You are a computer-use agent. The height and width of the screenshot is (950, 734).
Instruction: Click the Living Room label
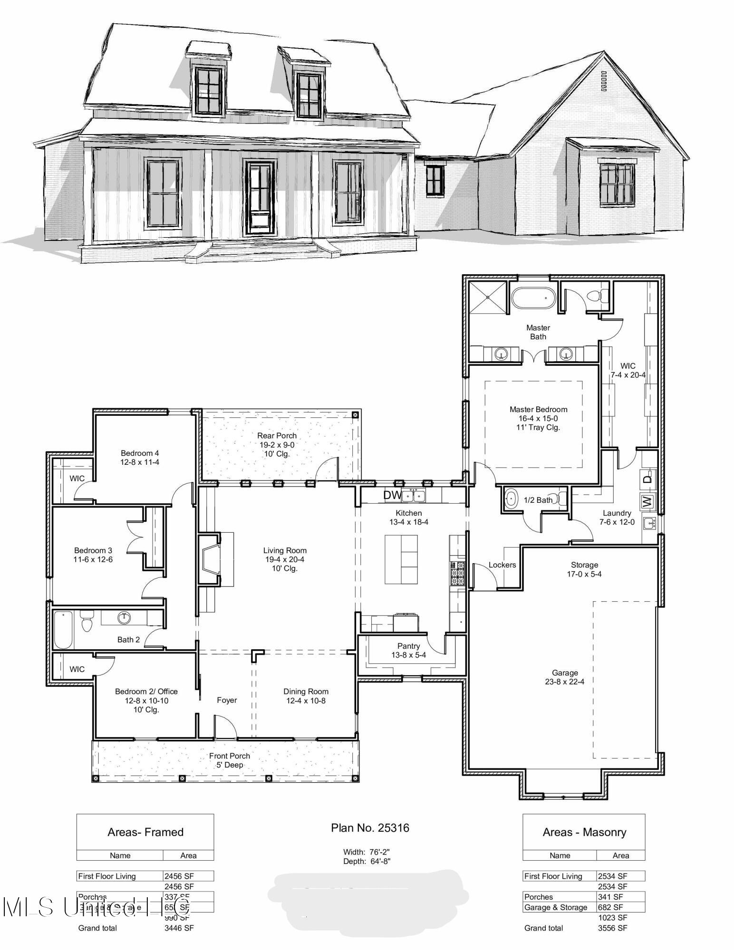point(285,551)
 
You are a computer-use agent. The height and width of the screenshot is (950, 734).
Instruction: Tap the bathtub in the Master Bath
point(533,298)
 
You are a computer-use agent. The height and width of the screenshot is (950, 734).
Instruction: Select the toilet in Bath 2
point(86,623)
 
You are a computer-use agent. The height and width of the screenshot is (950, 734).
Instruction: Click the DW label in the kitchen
point(392,495)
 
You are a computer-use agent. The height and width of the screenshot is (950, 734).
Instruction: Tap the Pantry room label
point(408,646)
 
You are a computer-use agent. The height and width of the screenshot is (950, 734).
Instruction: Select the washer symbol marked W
point(647,501)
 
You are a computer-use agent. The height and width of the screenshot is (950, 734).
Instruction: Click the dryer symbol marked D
point(647,478)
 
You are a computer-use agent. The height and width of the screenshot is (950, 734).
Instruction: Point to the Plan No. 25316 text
point(370,828)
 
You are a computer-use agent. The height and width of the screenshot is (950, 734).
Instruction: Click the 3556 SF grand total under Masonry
point(612,928)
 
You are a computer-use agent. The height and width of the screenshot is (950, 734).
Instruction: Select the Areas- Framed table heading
point(145,832)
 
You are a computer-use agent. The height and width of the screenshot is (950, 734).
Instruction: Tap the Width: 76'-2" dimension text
point(367,852)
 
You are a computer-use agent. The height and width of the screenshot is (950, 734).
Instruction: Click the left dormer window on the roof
point(209,90)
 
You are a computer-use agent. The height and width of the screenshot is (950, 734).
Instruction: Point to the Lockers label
point(502,565)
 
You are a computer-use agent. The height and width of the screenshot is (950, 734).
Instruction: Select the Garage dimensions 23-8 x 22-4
point(565,681)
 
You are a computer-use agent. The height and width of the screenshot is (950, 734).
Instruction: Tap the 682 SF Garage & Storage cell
point(610,907)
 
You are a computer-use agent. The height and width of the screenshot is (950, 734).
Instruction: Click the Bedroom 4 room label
point(140,453)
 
